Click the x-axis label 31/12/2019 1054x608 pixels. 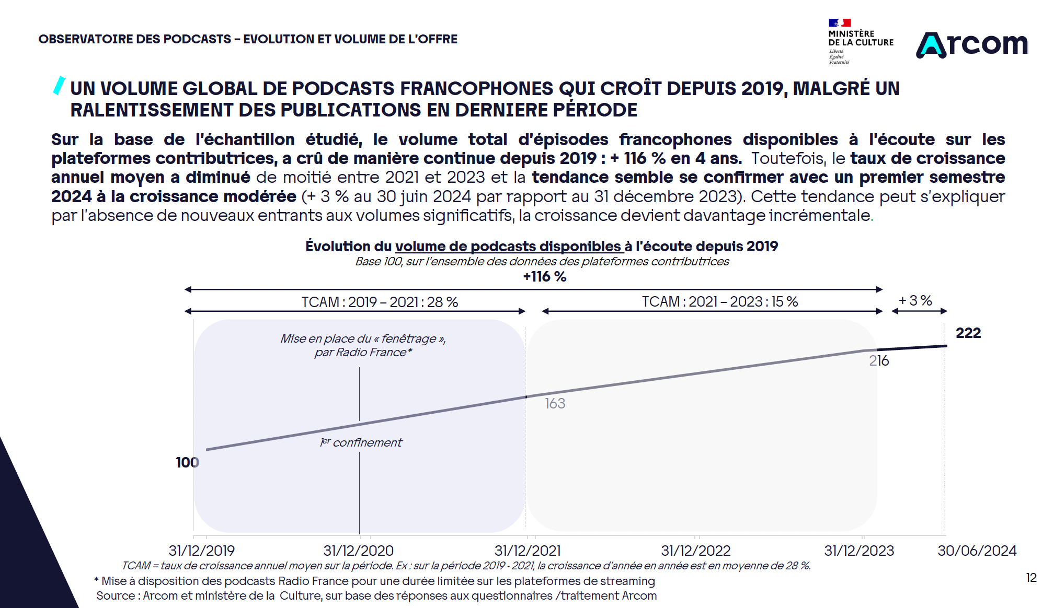point(201,551)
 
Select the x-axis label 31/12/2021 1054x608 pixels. point(528,551)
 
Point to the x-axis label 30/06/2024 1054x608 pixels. point(977,551)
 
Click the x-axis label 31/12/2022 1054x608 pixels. point(695,551)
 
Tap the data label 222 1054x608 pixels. point(968,333)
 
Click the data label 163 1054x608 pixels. point(555,404)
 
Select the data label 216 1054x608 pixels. point(879,361)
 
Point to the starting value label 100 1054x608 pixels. point(187,462)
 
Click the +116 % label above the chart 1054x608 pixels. point(544,277)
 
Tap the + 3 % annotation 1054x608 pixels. point(915,301)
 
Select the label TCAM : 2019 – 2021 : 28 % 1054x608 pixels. point(380,302)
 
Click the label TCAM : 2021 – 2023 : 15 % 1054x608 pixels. point(719,302)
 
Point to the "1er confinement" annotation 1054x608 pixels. point(361,443)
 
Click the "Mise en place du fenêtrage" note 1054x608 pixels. point(363,345)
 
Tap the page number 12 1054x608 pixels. point(1031,578)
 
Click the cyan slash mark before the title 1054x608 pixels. point(59,86)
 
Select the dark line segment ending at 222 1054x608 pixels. point(912,347)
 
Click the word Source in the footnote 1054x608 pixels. point(114,596)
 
